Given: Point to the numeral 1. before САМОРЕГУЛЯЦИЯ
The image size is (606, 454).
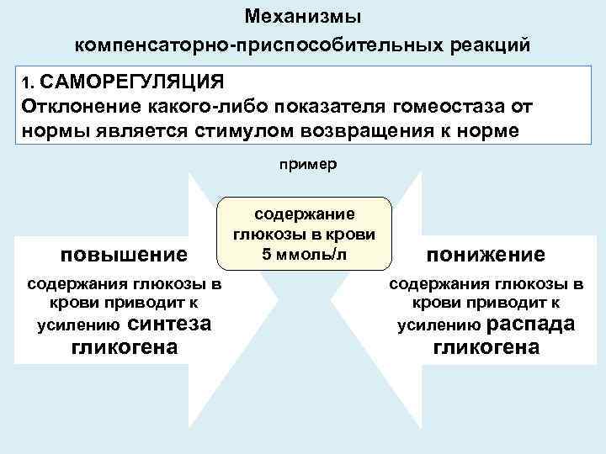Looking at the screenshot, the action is point(28,83).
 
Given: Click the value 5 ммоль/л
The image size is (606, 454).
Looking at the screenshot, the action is point(304,254).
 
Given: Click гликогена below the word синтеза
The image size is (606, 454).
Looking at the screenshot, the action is point(125,346).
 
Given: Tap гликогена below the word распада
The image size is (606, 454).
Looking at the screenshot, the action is point(486,346).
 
